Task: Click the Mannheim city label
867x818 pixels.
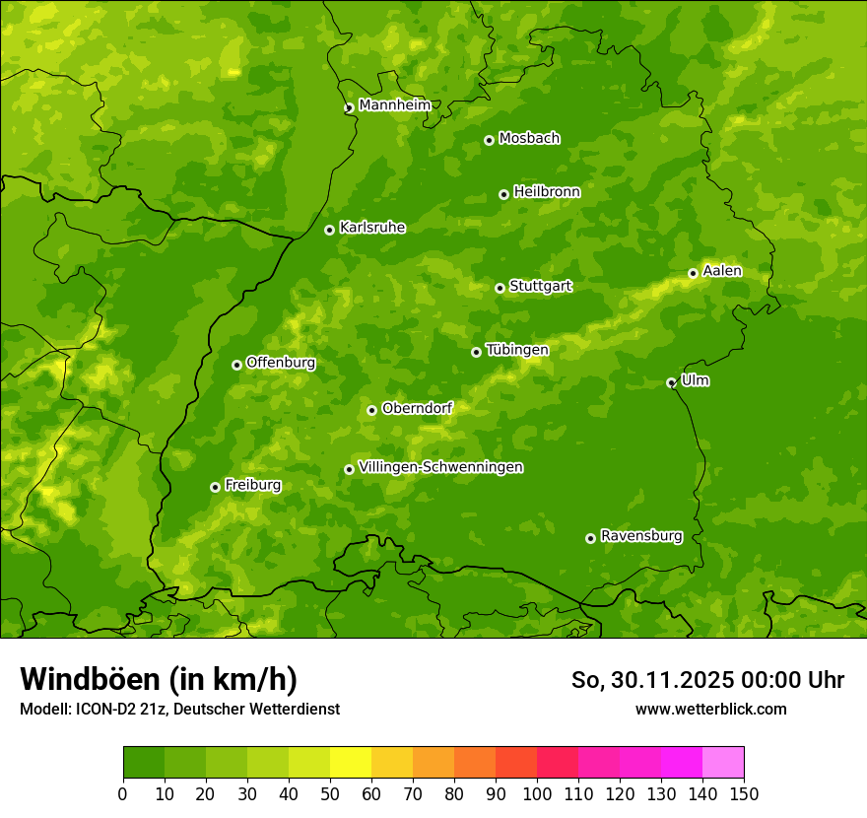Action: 394,105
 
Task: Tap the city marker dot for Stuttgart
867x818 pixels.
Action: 500,288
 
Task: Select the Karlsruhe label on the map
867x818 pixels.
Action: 371,228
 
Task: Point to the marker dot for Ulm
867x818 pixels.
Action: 671,382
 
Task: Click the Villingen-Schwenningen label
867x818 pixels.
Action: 440,467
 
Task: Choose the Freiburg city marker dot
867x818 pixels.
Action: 215,487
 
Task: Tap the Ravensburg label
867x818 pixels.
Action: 640,536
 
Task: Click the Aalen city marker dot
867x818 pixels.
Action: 693,273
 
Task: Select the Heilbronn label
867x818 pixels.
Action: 547,192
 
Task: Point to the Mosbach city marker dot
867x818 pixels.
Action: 489,140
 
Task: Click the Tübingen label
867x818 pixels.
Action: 516,350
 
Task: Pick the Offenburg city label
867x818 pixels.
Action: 281,363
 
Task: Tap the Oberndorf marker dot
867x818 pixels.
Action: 371,410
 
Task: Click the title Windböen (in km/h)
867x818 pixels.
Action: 158,679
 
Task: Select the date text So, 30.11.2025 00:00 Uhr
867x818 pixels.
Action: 707,680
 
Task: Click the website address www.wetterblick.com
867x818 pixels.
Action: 710,709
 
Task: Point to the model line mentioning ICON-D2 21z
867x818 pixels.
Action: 179,709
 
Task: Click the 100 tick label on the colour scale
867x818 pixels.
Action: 537,793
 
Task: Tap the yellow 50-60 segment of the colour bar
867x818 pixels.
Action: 351,763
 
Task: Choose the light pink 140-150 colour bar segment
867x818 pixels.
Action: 723,763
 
